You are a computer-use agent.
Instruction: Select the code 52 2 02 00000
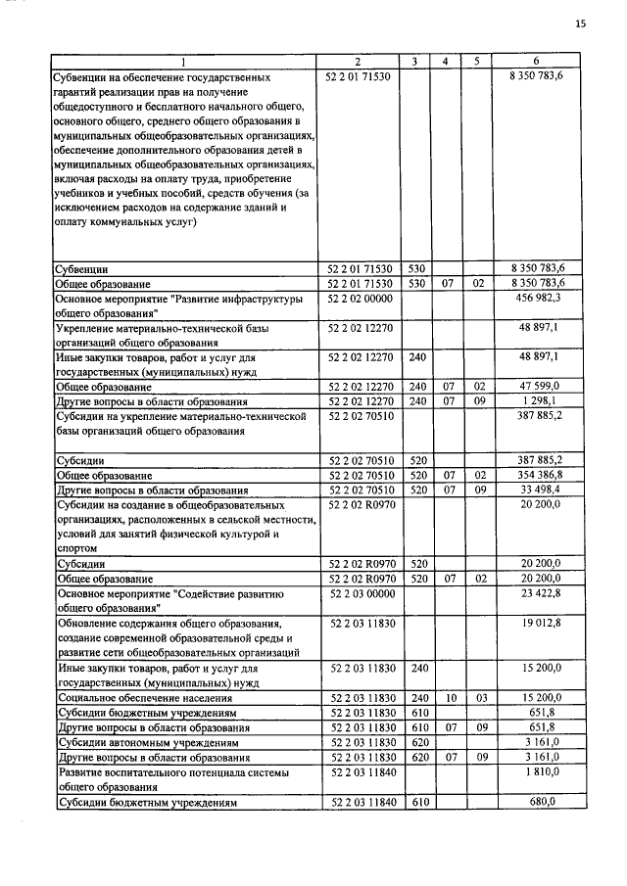coord(358,298)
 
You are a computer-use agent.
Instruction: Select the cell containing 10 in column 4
coord(446,699)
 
